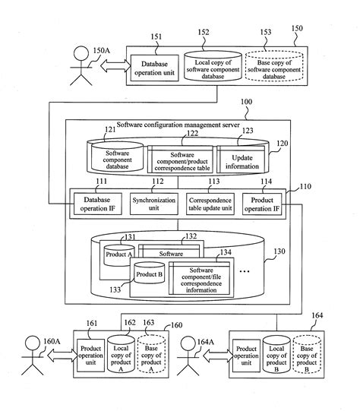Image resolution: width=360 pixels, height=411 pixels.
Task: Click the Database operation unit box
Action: tap(155, 68)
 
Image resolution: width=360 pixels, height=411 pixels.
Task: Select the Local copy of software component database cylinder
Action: tap(213, 66)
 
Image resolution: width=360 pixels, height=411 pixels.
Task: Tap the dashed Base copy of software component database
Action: tap(274, 66)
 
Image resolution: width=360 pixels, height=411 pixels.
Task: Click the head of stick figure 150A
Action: tap(81, 54)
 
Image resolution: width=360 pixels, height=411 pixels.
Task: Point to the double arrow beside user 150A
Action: tap(115, 65)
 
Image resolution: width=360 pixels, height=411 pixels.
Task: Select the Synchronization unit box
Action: tap(154, 204)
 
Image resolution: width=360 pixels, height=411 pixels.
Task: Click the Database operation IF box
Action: tap(98, 204)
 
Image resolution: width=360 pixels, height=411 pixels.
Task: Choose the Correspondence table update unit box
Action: tap(210, 204)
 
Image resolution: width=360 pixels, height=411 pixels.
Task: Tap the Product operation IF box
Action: tap(262, 204)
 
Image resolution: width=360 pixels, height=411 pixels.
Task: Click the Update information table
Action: tap(241, 160)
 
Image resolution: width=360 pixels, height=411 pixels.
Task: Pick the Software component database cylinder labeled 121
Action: tap(117, 156)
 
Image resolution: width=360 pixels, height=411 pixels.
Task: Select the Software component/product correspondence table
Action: tap(180, 160)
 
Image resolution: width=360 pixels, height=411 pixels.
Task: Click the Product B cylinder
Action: tap(149, 273)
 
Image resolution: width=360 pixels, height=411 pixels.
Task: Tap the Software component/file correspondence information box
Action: tap(200, 278)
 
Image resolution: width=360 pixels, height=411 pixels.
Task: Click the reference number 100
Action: tap(246, 102)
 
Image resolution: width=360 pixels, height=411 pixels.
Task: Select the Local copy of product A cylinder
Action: tap(121, 354)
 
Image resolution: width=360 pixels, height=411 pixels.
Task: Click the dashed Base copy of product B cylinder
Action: tap(307, 354)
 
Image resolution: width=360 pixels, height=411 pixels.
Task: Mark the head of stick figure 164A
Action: tap(188, 344)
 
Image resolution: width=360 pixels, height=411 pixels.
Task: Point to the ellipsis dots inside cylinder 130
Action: tap(245, 271)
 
